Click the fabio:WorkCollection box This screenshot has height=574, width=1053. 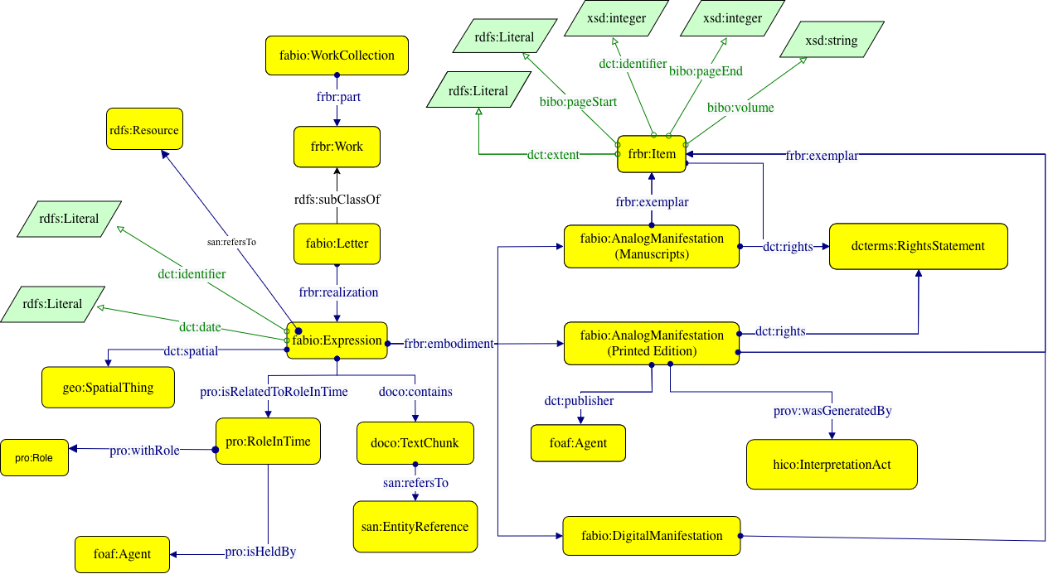click(x=337, y=55)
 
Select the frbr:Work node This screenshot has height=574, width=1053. click(x=337, y=147)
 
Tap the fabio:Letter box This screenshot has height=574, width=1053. click(x=337, y=244)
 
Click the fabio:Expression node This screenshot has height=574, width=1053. click(x=337, y=340)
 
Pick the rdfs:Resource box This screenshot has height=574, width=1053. click(x=143, y=131)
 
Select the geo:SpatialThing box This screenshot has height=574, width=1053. click(x=109, y=387)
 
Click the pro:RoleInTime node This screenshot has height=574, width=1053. click(x=267, y=441)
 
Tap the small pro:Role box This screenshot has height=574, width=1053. click(x=35, y=458)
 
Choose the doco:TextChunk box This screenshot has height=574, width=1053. click(x=415, y=443)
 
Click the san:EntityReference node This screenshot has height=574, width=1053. click(x=415, y=527)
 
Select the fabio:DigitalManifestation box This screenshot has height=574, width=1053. click(x=651, y=536)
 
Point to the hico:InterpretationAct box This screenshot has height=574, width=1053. click(x=832, y=465)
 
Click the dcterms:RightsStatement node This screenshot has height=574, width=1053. click(x=918, y=246)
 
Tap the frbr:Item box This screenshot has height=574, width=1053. click(x=652, y=154)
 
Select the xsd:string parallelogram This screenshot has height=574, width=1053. click(x=831, y=41)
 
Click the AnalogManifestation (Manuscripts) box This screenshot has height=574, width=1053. click(x=652, y=246)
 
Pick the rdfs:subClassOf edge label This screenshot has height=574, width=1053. click(x=337, y=200)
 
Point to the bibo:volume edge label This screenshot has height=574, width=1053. click(x=740, y=108)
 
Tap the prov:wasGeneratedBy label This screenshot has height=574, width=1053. click(x=832, y=410)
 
